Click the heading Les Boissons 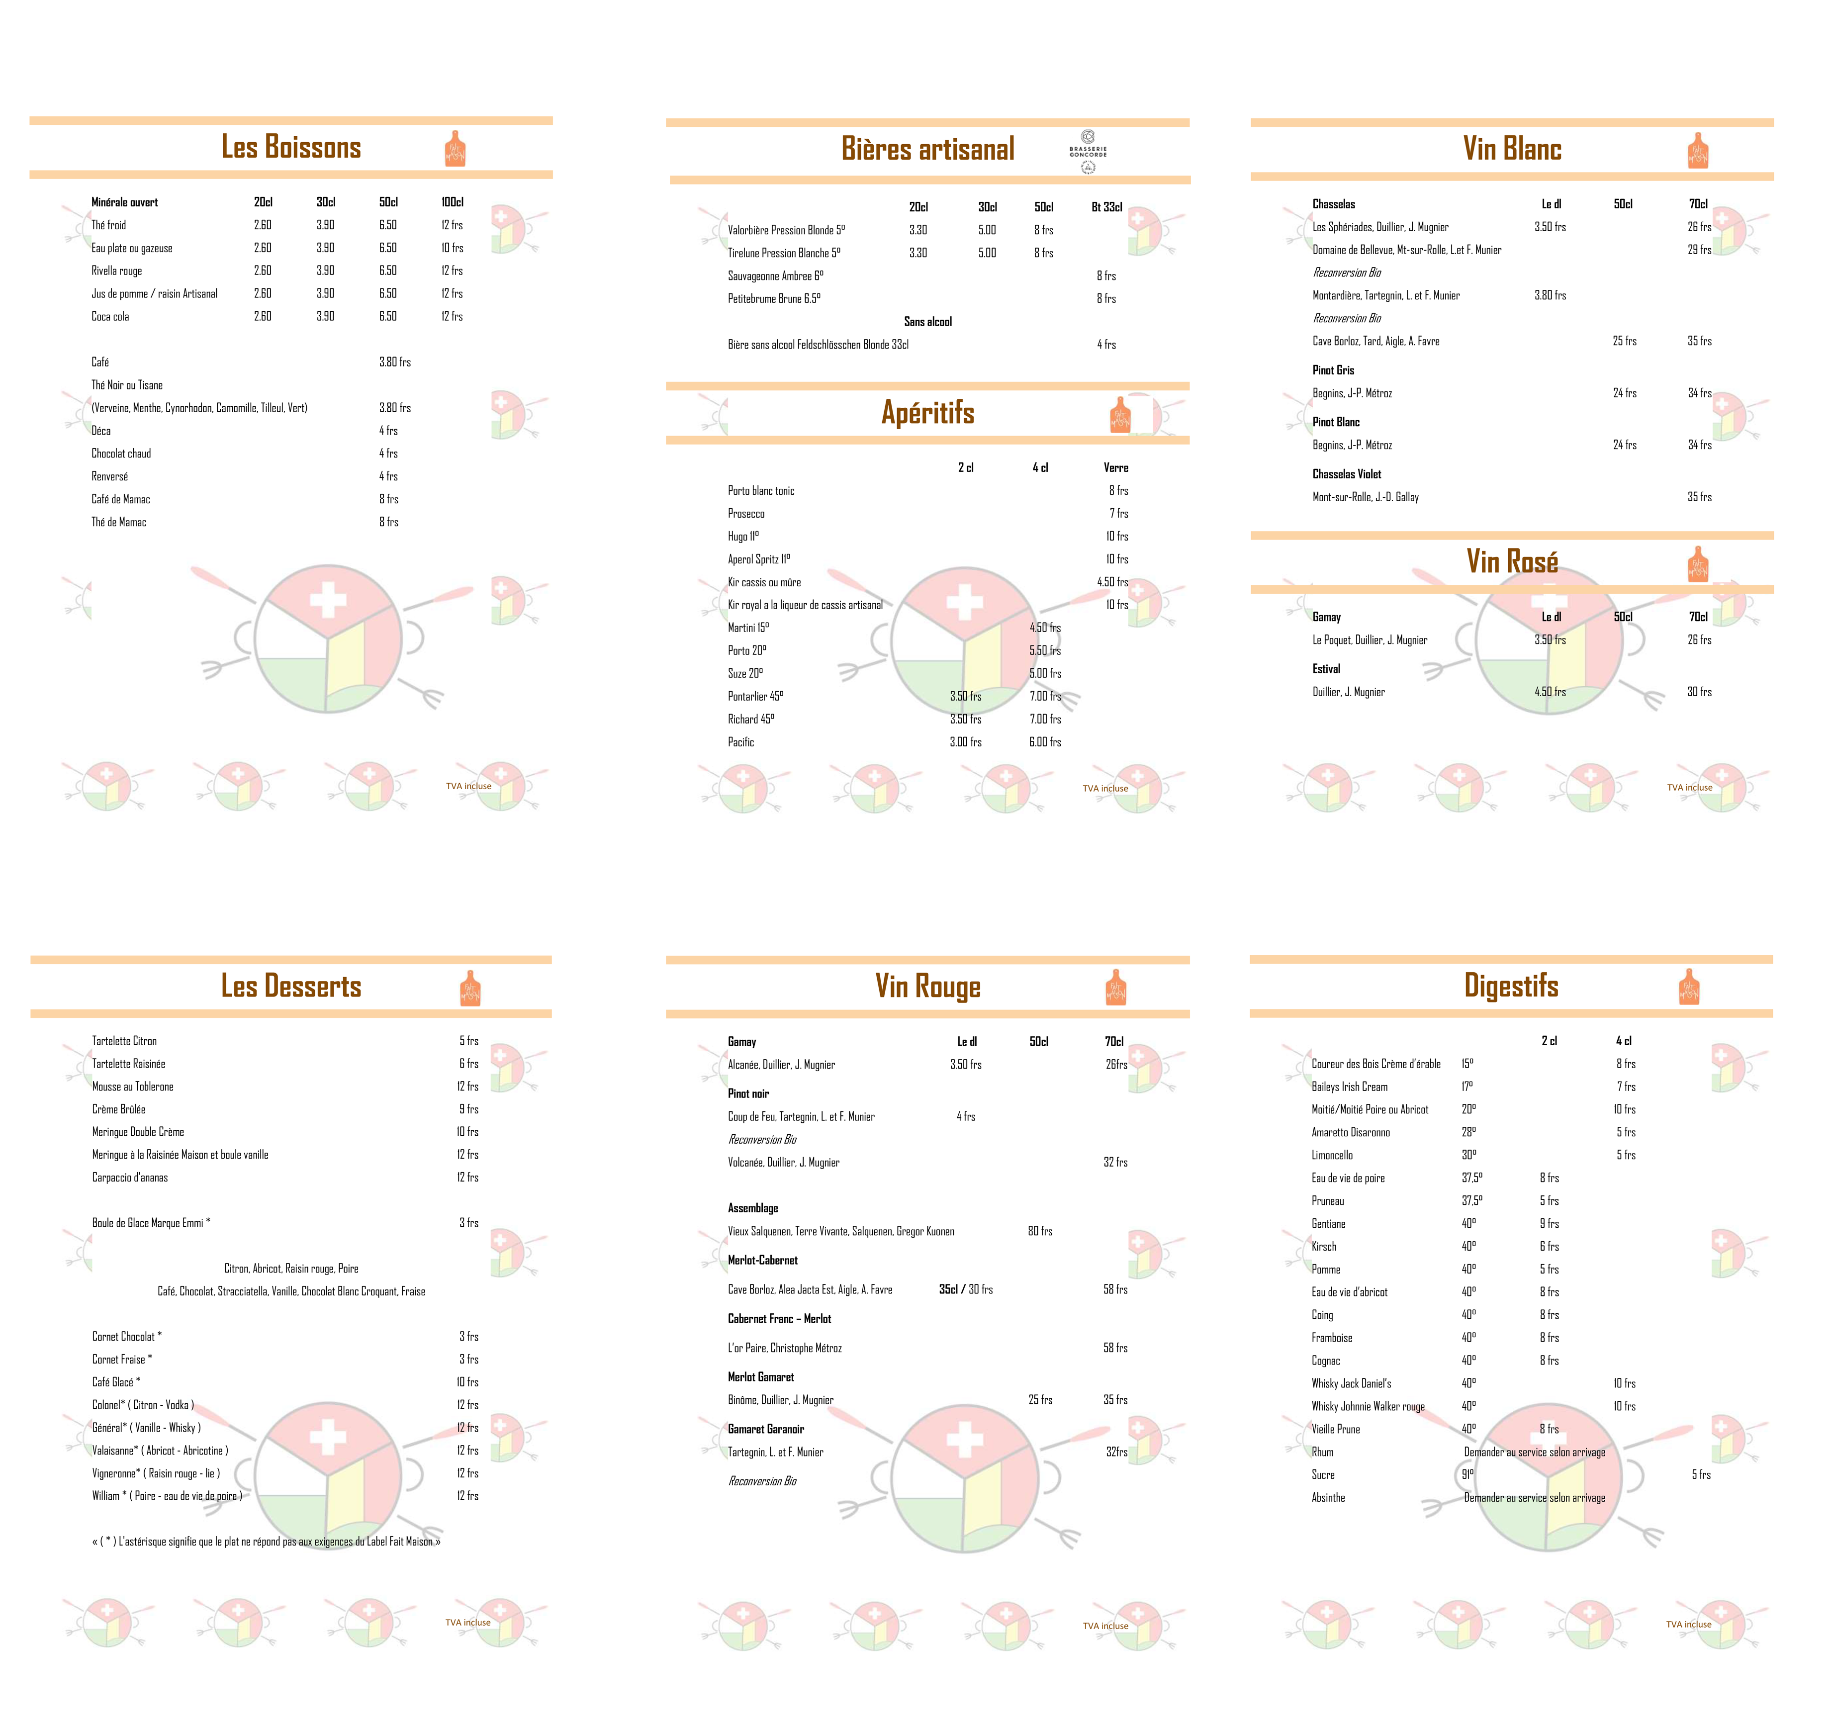click(291, 147)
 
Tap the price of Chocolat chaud click(389, 453)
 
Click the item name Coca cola click(110, 316)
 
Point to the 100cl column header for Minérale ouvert click(452, 202)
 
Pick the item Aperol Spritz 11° click(759, 559)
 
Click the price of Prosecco click(1118, 513)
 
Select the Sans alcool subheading click(927, 321)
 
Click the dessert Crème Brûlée click(119, 1109)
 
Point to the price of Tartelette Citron click(469, 1041)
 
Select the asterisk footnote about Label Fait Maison click(266, 1541)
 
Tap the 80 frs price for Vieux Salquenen click(1040, 1231)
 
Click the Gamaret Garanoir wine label click(765, 1430)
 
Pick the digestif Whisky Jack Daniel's click(1351, 1383)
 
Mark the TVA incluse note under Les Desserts click(468, 1623)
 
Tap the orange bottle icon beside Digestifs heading click(1689, 987)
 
